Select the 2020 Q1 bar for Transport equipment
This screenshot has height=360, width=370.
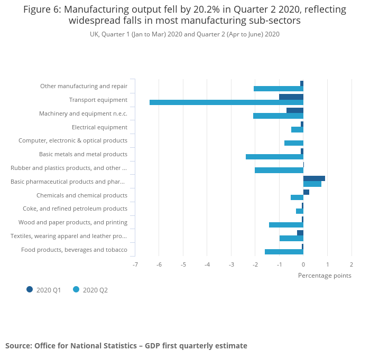[291, 97]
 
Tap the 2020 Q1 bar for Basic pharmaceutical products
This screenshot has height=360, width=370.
[314, 178]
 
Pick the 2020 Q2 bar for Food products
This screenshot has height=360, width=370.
[284, 252]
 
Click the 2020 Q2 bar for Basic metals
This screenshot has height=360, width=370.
[274, 157]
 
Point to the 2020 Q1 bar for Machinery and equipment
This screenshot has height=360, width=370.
[295, 110]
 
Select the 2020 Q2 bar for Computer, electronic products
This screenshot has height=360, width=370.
[294, 143]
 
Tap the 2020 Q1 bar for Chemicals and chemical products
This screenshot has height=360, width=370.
[306, 192]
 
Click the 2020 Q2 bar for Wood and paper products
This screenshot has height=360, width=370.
[286, 225]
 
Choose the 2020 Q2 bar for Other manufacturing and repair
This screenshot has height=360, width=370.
[279, 89]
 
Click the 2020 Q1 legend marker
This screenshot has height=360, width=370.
[30, 289]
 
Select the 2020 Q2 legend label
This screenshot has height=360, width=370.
[95, 290]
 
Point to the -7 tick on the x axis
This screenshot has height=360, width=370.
[135, 264]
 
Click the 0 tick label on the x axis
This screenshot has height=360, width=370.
[303, 264]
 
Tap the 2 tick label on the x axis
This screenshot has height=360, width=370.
[351, 264]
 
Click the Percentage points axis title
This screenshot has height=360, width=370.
[325, 275]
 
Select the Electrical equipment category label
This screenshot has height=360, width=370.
[99, 127]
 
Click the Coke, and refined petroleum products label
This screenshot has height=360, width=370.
[75, 209]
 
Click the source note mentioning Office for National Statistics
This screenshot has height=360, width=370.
[126, 346]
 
